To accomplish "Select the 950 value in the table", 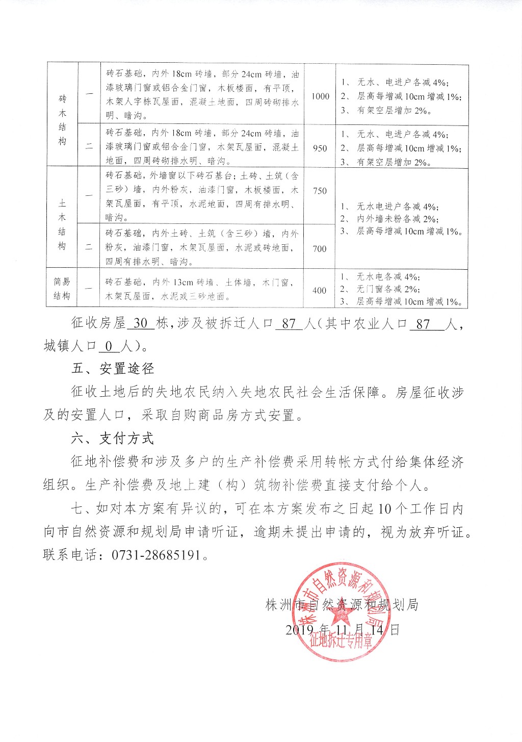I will [x=320, y=148].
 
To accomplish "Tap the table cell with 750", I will [x=320, y=191].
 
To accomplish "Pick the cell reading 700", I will [x=320, y=249].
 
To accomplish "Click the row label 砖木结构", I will [x=62, y=120].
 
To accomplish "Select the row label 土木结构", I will [x=62, y=224].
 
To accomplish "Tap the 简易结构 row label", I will [x=62, y=289].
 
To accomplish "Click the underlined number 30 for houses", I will [x=140, y=323].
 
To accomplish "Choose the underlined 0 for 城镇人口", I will [x=109, y=347].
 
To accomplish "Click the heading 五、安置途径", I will [x=112, y=369].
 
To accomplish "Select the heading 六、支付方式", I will [x=112, y=439].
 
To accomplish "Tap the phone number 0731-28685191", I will [x=156, y=555].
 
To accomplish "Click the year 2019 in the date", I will [x=299, y=630].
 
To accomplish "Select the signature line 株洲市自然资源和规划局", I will [x=342, y=605].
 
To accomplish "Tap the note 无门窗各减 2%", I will [x=388, y=289].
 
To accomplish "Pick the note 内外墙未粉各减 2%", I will [x=397, y=219].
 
